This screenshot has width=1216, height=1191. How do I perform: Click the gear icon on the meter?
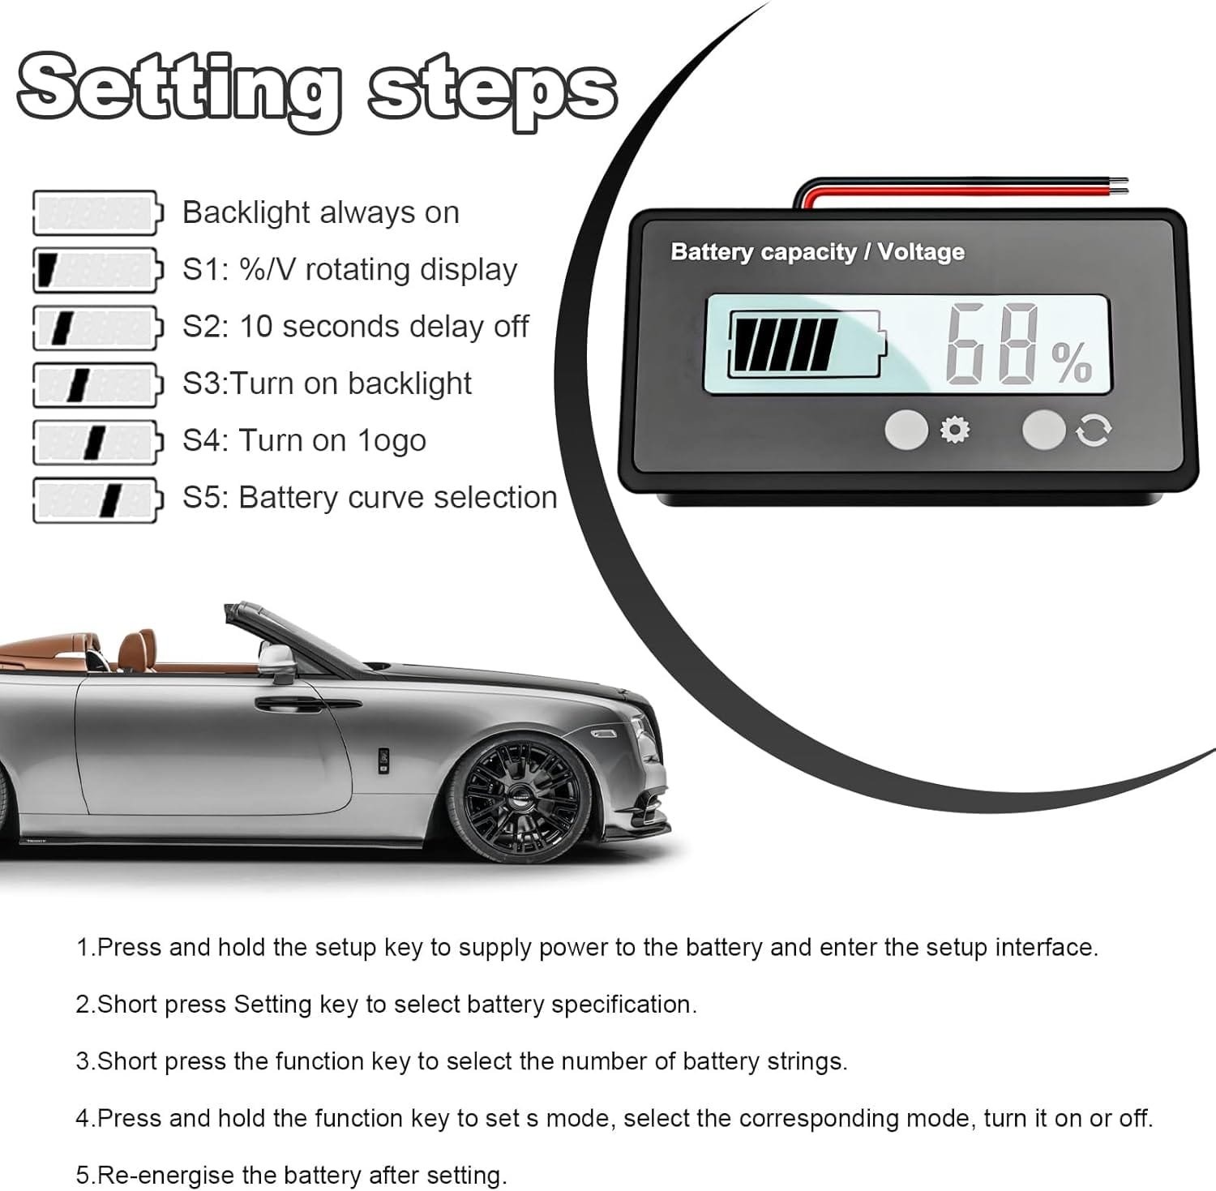coord(954,430)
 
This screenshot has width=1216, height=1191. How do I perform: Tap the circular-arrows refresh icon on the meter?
coord(1093,431)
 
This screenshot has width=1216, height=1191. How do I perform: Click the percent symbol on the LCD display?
coord(1072,362)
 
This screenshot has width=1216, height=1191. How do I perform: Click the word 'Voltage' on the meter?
coord(921,252)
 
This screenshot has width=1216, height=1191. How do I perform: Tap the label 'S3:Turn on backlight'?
coord(327,383)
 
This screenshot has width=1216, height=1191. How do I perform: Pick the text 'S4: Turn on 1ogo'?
coord(304,441)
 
